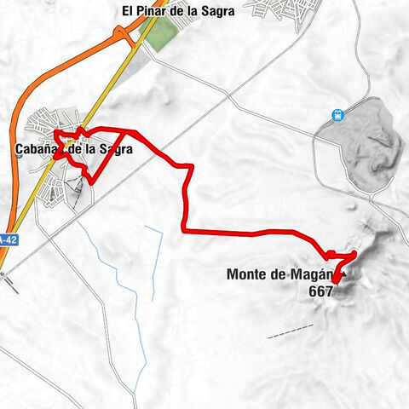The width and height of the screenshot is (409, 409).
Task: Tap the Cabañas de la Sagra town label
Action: click(74, 149)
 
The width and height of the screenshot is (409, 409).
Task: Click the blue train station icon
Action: click(338, 115)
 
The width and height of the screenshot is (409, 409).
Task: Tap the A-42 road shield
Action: click(7, 240)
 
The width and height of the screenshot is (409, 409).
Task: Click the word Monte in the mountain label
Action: click(247, 274)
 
